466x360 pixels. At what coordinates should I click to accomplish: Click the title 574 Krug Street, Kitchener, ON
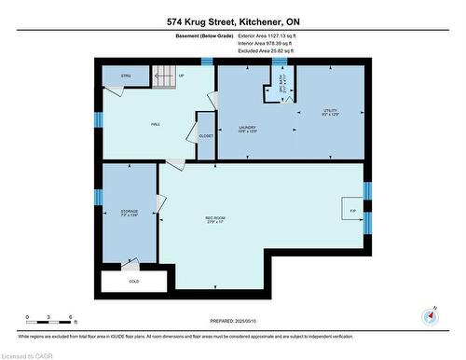coord(232,21)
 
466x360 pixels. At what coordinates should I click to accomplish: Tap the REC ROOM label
coord(215,220)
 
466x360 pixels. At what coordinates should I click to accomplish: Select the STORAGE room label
coord(128,213)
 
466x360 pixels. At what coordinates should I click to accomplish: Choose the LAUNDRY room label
coord(247,129)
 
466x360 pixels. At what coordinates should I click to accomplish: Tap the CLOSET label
coord(206,136)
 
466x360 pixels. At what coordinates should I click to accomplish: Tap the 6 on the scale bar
coord(73,317)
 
